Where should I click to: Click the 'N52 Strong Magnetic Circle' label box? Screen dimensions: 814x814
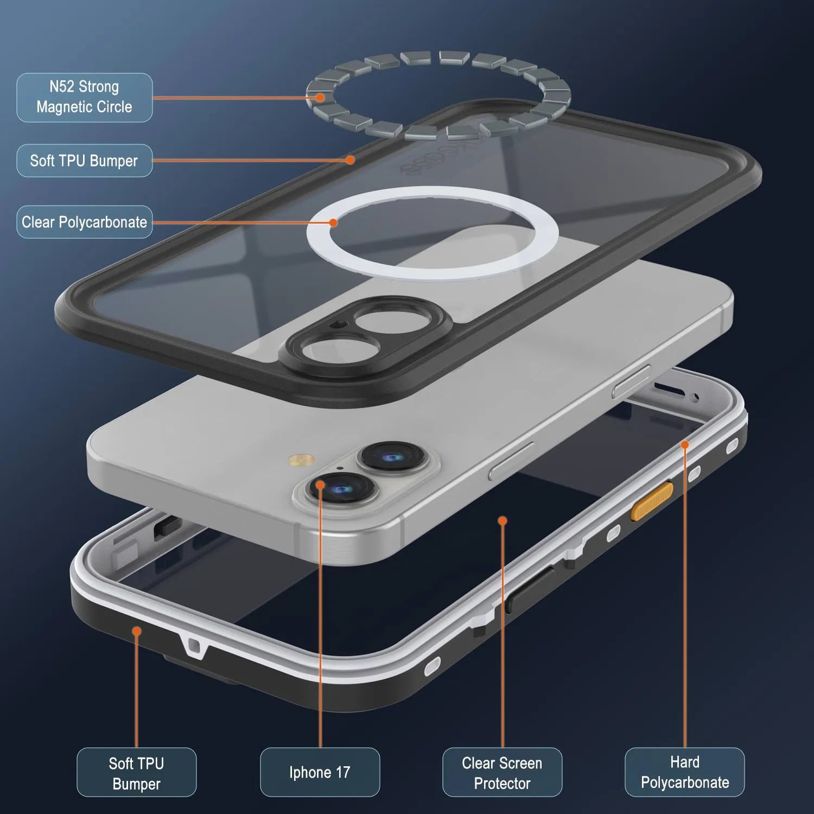pos(84,97)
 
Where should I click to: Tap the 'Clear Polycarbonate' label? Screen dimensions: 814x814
pos(84,222)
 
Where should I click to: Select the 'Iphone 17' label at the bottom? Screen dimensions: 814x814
pos(320,772)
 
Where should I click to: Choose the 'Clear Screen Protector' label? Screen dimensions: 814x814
pos(502,772)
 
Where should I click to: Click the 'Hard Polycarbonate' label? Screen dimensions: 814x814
pos(684,772)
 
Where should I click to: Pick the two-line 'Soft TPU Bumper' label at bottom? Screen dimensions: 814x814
pos(136,772)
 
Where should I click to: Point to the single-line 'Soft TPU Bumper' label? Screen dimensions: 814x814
pos(84,161)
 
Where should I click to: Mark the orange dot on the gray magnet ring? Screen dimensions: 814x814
pos(321,98)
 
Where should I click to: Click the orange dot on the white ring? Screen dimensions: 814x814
pos(333,222)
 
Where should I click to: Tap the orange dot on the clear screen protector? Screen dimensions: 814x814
pos(503,521)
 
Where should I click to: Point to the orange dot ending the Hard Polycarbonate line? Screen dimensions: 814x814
pos(685,445)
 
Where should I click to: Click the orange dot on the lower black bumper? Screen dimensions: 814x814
pos(137,631)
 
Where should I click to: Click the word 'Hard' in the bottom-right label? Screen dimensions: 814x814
pos(684,762)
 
